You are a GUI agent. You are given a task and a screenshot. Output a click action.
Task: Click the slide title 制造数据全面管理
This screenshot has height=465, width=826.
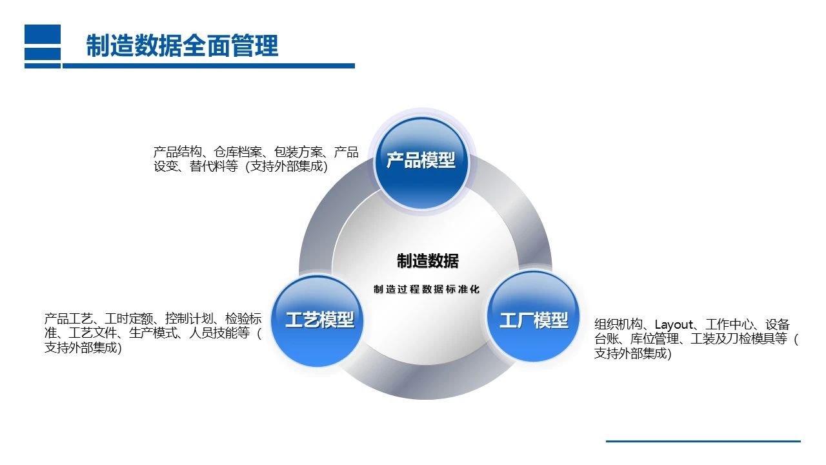click(183, 46)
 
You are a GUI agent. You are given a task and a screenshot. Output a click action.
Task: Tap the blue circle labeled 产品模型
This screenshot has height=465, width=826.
click(421, 161)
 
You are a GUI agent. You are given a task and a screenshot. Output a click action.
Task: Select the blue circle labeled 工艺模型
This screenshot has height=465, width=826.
click(319, 320)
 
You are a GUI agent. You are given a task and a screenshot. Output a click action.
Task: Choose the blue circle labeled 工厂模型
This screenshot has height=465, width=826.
click(533, 320)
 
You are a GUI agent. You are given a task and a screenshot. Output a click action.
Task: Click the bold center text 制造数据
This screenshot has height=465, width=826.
click(428, 261)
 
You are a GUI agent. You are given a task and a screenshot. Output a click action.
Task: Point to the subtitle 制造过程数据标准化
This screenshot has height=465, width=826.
click(427, 289)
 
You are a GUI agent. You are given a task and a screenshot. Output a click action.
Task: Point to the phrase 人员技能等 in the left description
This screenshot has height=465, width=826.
click(219, 333)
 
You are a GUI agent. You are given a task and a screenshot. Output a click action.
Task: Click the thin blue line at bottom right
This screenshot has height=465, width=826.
click(703, 441)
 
